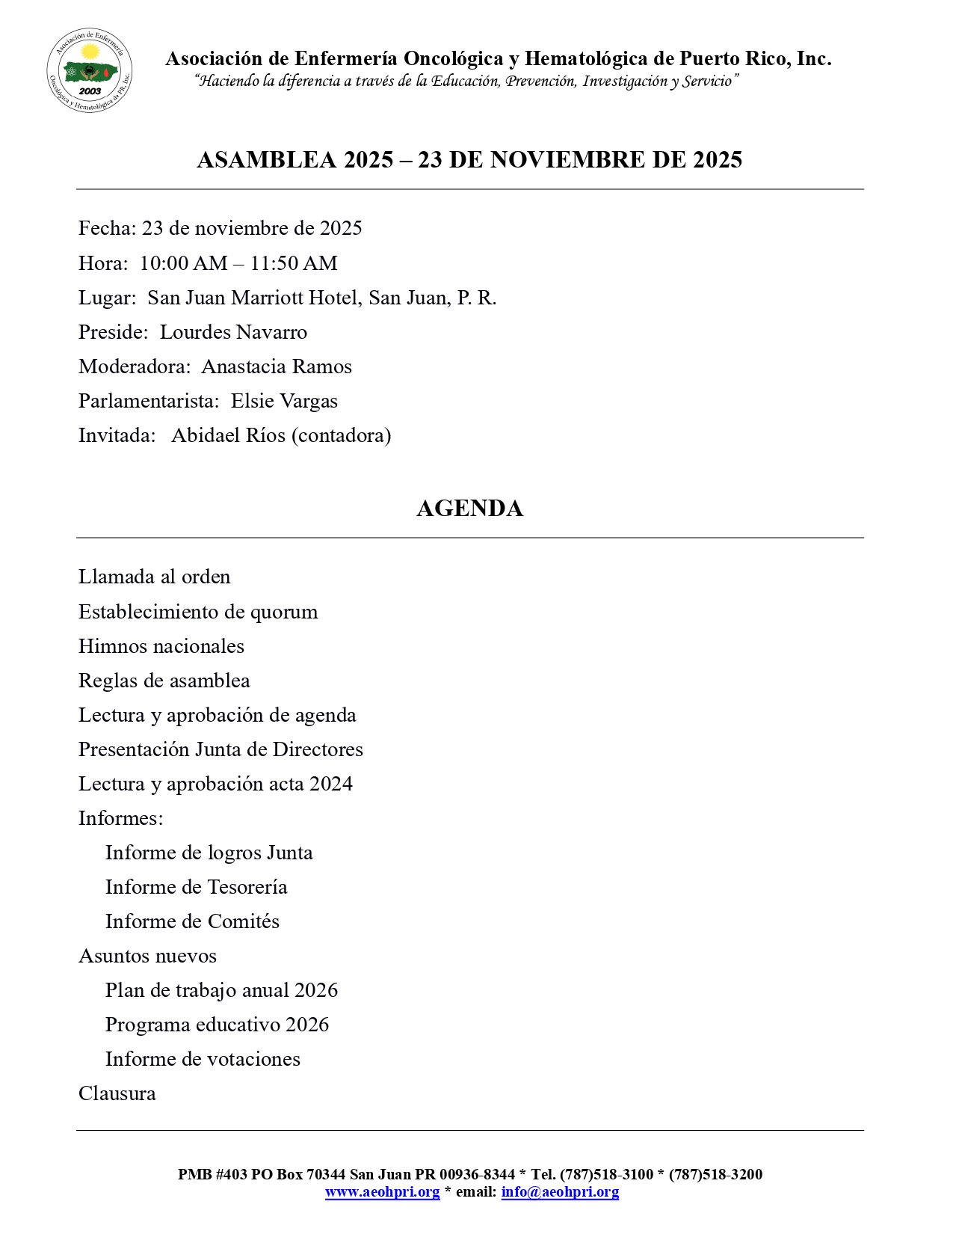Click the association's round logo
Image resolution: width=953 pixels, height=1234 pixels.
[90, 71]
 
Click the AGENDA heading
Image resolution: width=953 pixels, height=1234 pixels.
[469, 509]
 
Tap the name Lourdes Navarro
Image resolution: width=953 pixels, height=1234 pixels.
[233, 332]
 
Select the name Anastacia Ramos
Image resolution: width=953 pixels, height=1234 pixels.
[277, 366]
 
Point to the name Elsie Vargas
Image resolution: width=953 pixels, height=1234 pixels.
[284, 401]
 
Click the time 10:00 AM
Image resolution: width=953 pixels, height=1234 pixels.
[183, 263]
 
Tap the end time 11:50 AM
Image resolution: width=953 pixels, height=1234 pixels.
[294, 263]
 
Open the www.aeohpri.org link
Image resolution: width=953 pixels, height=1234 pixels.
[382, 1192]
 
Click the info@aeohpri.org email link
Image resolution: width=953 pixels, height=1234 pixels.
[560, 1192]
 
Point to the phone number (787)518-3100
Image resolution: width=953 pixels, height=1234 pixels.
[606, 1174]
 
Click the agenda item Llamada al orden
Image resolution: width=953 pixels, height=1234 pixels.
[155, 577]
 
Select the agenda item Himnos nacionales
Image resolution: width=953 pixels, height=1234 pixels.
[161, 646]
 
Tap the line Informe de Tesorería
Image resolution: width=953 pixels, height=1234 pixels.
[196, 887]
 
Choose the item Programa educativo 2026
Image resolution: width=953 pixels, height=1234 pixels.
[217, 1025]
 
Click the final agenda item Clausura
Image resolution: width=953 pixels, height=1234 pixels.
[117, 1093]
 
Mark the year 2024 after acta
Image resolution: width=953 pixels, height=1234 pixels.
[331, 784]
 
